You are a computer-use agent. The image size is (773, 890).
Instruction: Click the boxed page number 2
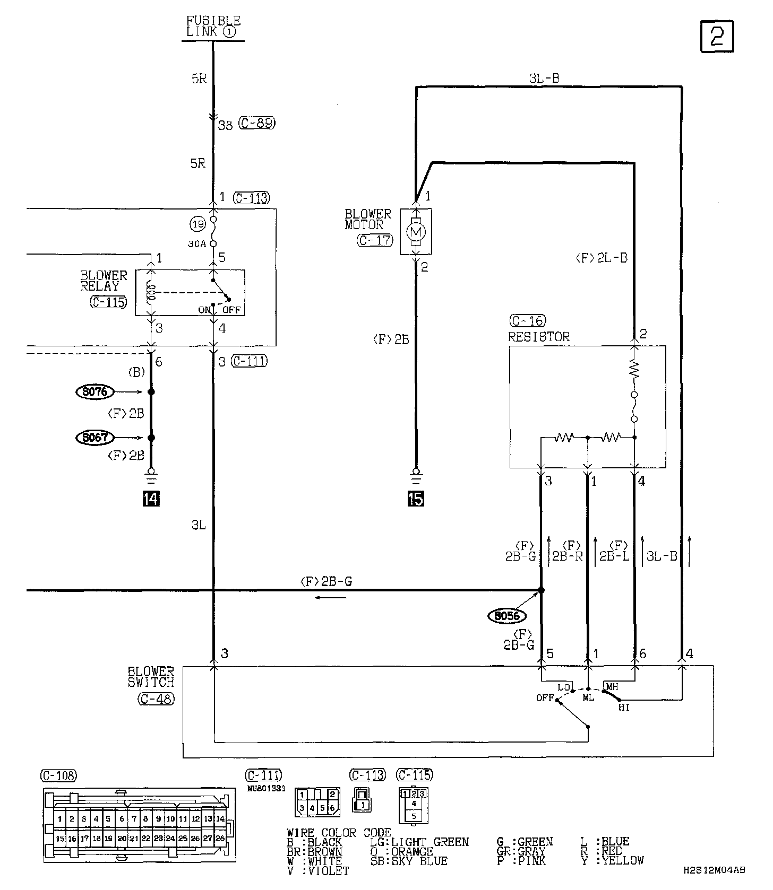point(717,37)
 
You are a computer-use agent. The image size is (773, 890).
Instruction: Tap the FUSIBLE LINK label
point(213,26)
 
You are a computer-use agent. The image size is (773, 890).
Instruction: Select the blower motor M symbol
point(416,231)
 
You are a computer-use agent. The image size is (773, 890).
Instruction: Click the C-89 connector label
point(257,124)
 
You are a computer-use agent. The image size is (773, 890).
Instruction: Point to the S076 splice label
point(95,392)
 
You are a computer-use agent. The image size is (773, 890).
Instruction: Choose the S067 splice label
point(95,438)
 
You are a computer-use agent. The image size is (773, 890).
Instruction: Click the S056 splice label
point(506,616)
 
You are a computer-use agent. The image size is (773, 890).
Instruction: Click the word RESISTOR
point(538,337)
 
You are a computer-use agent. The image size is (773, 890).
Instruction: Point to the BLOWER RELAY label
point(104,281)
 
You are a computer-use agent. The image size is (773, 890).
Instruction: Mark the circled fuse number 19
point(198,224)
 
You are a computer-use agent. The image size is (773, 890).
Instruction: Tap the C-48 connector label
point(156,699)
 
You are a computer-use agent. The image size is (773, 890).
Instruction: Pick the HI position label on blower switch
point(624,708)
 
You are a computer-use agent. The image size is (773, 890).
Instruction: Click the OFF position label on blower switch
point(545,697)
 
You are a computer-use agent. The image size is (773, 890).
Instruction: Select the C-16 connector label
point(527,321)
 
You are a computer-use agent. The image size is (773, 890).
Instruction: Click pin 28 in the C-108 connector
point(220,839)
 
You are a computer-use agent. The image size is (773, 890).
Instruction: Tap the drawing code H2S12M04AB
point(714,870)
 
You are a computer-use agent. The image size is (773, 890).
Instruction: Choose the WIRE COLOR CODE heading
point(338,833)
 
